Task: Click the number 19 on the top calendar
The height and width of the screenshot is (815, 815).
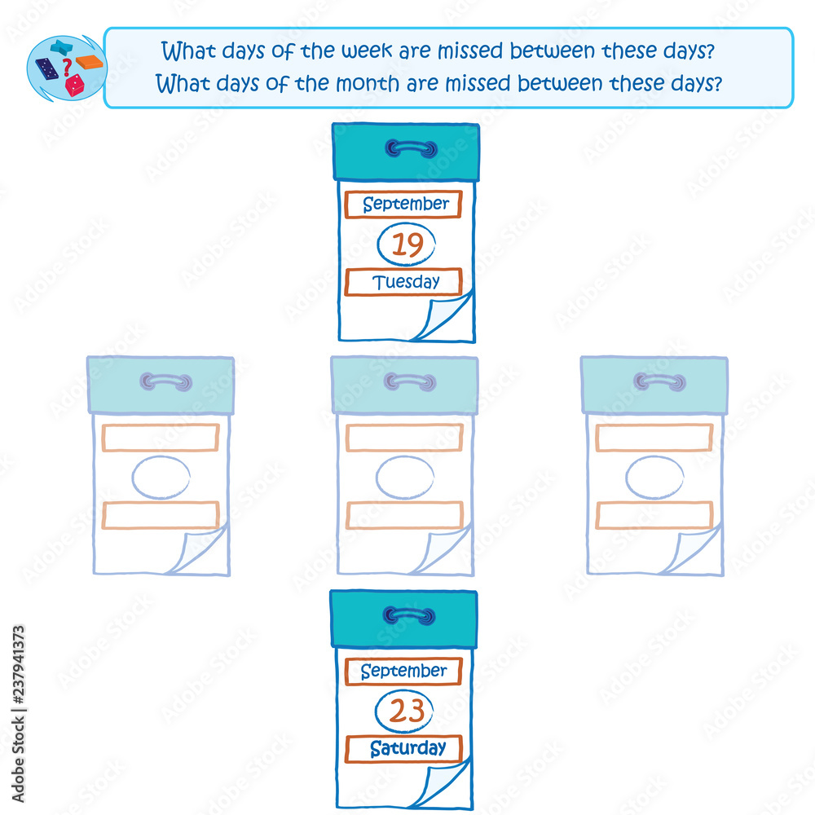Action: [407, 244]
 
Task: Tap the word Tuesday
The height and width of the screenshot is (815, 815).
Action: [406, 282]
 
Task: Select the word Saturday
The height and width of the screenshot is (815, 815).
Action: [408, 748]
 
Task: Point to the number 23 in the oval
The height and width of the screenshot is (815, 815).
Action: [407, 711]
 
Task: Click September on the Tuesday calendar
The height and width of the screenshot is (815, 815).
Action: [406, 204]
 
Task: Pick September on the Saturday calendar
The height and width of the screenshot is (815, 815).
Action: [404, 671]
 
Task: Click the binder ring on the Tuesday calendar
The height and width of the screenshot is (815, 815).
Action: [411, 148]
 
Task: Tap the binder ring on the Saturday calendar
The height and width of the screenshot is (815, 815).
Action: [409, 616]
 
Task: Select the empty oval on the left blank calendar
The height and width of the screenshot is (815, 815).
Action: [161, 456]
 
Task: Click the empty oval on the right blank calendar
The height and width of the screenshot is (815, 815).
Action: [654, 456]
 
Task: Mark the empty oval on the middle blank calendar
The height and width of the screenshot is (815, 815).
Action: [405, 456]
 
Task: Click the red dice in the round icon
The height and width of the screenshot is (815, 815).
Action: [74, 85]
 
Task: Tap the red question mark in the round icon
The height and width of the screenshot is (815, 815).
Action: [66, 67]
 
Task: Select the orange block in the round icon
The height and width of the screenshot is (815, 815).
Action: [90, 61]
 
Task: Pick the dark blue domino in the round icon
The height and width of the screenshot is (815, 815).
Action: [46, 68]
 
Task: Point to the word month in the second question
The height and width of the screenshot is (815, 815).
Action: [368, 83]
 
